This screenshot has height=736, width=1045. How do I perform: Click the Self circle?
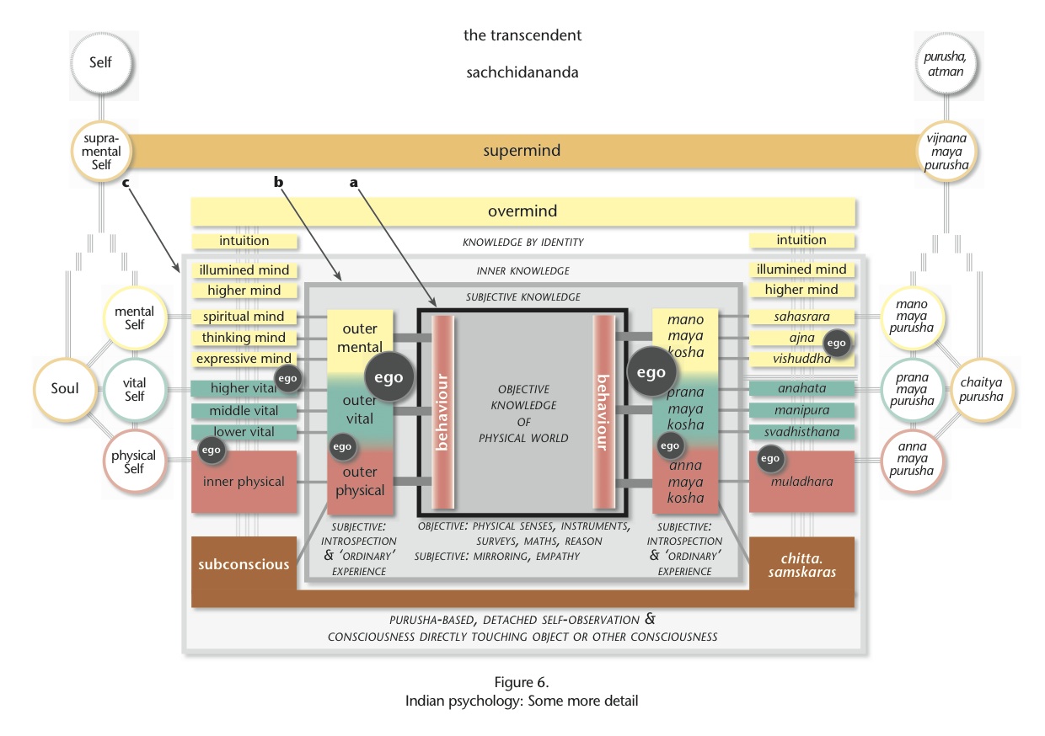click(101, 62)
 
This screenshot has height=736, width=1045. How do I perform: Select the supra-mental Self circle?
click(101, 152)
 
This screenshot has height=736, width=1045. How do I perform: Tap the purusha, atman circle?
click(946, 64)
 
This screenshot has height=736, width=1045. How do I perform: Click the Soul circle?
click(66, 389)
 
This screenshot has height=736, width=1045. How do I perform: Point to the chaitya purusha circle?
click(981, 390)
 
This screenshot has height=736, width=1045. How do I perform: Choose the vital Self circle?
click(134, 390)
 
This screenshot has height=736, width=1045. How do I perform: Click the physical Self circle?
click(134, 461)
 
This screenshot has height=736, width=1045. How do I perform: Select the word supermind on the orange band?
click(522, 151)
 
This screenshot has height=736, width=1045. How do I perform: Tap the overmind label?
click(522, 211)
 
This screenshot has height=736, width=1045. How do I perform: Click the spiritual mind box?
click(244, 317)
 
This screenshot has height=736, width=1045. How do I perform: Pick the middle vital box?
click(244, 411)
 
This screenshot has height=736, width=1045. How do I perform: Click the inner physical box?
click(244, 482)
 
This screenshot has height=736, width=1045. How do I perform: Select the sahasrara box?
click(801, 317)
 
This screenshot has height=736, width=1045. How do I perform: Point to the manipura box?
click(801, 410)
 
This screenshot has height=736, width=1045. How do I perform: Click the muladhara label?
click(801, 482)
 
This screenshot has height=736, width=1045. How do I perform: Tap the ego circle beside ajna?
click(836, 344)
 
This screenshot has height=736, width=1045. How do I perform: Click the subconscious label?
click(244, 564)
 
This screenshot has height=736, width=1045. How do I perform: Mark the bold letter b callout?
click(278, 182)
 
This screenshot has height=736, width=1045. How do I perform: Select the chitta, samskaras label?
click(802, 565)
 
